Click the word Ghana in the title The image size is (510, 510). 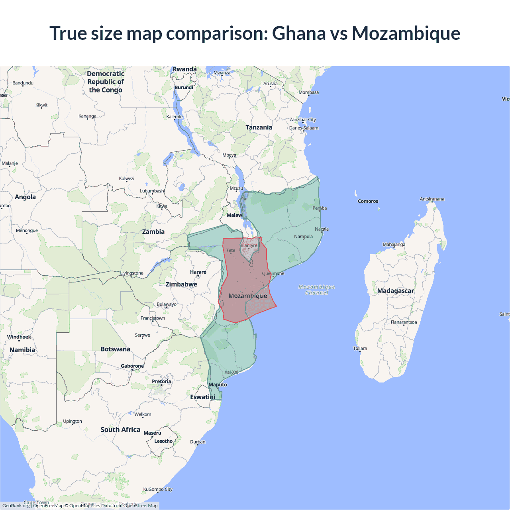(x=298, y=33)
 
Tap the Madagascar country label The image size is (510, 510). (x=395, y=291)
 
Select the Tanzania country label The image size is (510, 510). (x=259, y=127)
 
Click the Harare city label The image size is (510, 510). (x=198, y=272)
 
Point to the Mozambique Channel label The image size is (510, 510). (x=317, y=290)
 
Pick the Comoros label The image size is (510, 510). (x=368, y=201)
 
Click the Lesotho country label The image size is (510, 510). (x=163, y=441)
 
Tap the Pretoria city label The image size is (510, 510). (x=161, y=381)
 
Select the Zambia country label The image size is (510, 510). (x=153, y=231)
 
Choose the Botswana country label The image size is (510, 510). (x=115, y=349)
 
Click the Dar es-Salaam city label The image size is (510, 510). (x=304, y=128)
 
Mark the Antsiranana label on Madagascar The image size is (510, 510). (x=432, y=199)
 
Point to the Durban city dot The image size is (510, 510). (x=198, y=445)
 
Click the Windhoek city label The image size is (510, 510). (x=19, y=337)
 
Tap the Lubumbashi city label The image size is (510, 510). (x=152, y=191)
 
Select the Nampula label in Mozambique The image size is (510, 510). (x=303, y=236)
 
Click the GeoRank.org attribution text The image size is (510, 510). (x=16, y=506)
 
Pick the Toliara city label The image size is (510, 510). (x=360, y=348)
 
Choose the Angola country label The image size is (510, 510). (x=25, y=197)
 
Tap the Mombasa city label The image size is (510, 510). (x=308, y=92)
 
